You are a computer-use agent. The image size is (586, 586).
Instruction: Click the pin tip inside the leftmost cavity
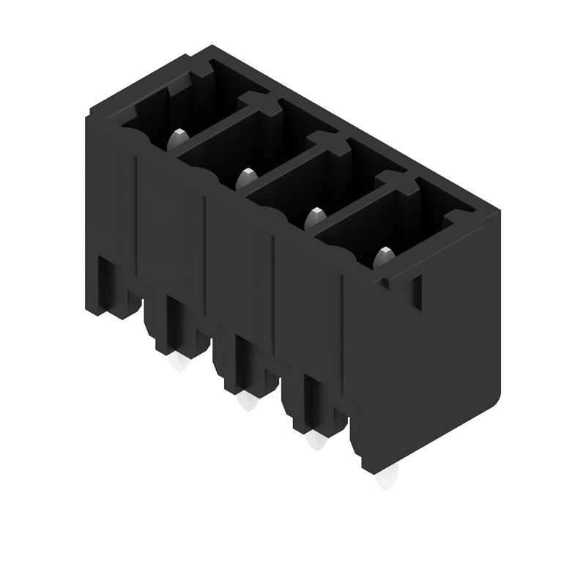(179, 137)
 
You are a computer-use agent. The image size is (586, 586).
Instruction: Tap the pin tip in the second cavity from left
(247, 177)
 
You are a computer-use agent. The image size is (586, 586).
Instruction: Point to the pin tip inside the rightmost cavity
(383, 256)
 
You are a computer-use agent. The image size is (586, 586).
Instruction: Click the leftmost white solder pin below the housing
(178, 363)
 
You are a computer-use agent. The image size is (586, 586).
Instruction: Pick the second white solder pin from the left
(248, 401)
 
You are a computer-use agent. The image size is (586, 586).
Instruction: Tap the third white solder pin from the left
(316, 440)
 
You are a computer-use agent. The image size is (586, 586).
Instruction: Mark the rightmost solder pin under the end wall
(384, 480)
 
